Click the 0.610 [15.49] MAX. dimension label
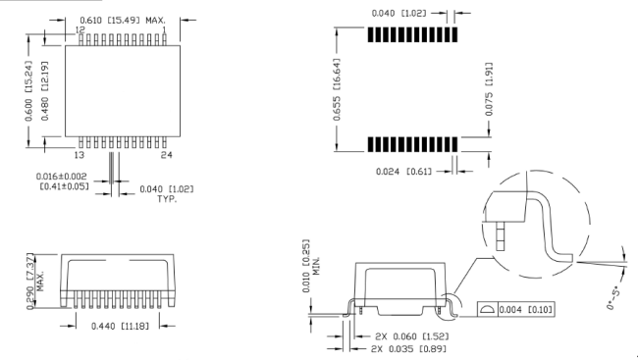pos(123,20)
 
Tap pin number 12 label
pos(80,30)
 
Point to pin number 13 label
pos(79,155)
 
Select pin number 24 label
pos(167,155)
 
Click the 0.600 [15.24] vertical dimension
pos(28,91)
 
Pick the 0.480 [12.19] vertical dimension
pos(45,91)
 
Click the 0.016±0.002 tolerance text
pos(62,177)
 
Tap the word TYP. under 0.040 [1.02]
pos(167,199)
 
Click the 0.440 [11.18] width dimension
pos(120,327)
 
